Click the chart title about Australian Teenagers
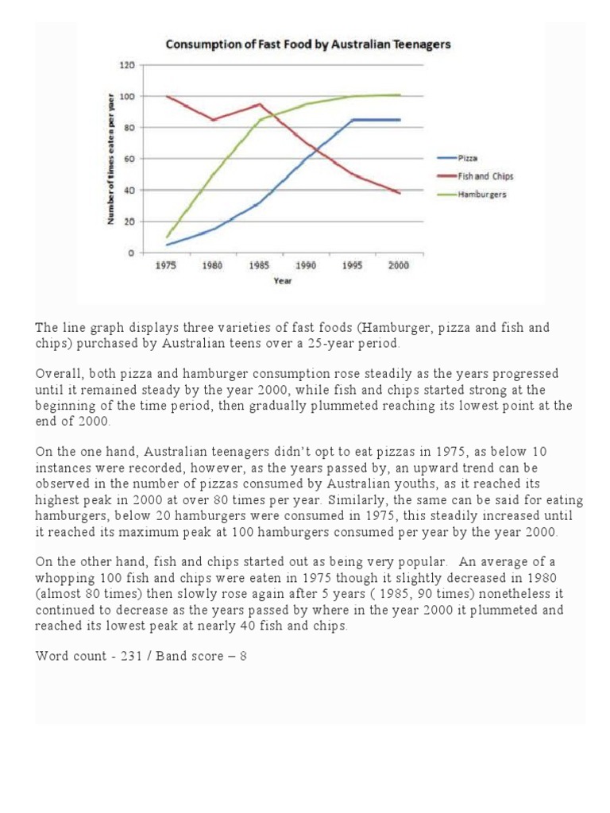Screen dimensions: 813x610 pos(307,44)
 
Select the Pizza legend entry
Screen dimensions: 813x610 pos(468,159)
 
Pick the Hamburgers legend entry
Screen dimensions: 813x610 pos(476,194)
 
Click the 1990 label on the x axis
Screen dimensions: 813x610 pos(305,266)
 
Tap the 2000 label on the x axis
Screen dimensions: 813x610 pos(399,266)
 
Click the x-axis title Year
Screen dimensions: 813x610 pos(282,280)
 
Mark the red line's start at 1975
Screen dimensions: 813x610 pos(166,96)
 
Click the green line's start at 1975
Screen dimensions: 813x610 pos(166,237)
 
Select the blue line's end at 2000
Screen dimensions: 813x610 pos(400,120)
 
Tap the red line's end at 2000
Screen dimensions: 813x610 pos(400,193)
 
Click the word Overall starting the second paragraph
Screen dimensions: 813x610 pos(58,373)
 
